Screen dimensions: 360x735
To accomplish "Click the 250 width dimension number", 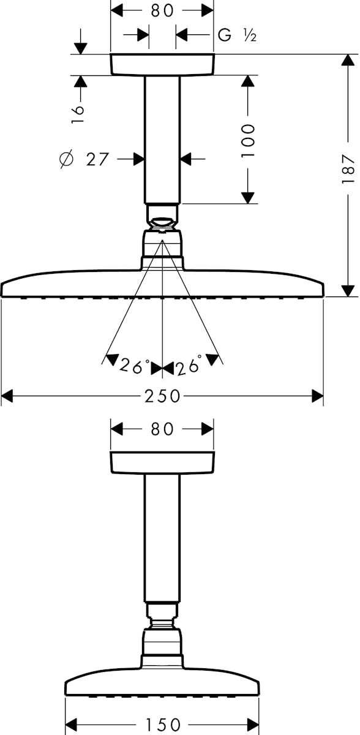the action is coord(162,396).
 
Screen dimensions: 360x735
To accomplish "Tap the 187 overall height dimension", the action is coord(348,169).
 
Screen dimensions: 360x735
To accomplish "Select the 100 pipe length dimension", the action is coord(248,140).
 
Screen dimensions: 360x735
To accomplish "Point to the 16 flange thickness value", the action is coord(78,114).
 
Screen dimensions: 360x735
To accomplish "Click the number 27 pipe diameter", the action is coord(97,159).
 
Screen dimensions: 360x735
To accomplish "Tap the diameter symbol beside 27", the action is coord(67,159).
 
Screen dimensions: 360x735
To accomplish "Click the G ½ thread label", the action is coord(237,35).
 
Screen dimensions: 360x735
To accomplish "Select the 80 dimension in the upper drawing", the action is coord(162,10).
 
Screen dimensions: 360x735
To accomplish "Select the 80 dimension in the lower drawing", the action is coord(162,429).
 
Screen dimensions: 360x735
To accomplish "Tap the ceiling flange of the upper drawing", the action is coord(162,64).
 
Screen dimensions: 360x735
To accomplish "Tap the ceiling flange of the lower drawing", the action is coord(162,462).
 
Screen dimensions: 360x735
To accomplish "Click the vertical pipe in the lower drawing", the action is coord(162,538).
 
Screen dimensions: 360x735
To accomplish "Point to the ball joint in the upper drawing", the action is coord(162,224).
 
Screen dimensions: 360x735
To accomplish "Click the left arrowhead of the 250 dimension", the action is coord(7,396).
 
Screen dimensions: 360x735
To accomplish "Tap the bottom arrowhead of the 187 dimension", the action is coord(348,291).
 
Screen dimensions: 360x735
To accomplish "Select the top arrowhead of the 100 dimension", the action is coord(248,81).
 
